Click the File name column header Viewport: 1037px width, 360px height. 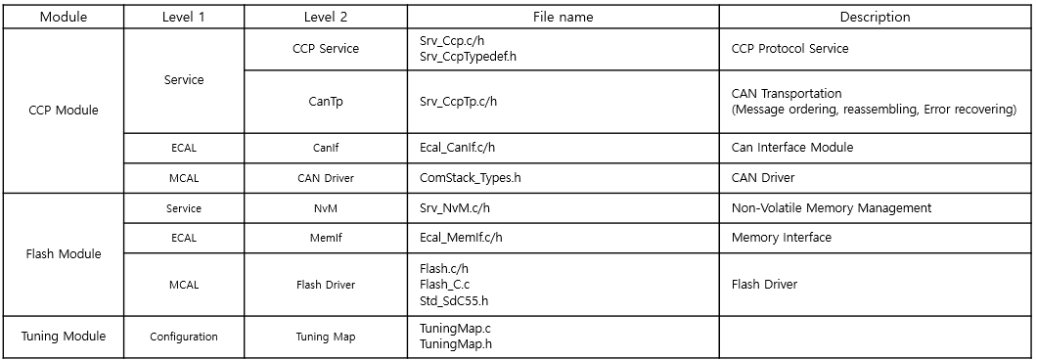coord(563,17)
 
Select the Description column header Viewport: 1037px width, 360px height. coord(875,17)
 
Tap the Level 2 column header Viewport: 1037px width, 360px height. coord(325,17)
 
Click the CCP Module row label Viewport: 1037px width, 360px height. coord(65,111)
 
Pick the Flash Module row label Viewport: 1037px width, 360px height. coord(65,254)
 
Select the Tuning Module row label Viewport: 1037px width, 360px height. coord(65,337)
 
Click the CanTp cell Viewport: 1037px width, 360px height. coord(325,102)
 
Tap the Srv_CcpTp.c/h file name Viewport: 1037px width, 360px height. coord(458,102)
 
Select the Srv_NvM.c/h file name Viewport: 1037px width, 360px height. coord(456,208)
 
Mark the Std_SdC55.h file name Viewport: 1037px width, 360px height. coord(453,300)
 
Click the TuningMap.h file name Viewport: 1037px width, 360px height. coord(455,345)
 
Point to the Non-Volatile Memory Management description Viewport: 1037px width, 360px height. coord(831,208)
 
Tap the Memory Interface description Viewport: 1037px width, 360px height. coord(781,238)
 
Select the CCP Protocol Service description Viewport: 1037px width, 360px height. coord(789,49)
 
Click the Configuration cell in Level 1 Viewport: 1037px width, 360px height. coord(184,337)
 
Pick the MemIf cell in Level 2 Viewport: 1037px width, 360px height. coord(325,238)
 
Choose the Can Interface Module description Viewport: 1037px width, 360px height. coord(791,148)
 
